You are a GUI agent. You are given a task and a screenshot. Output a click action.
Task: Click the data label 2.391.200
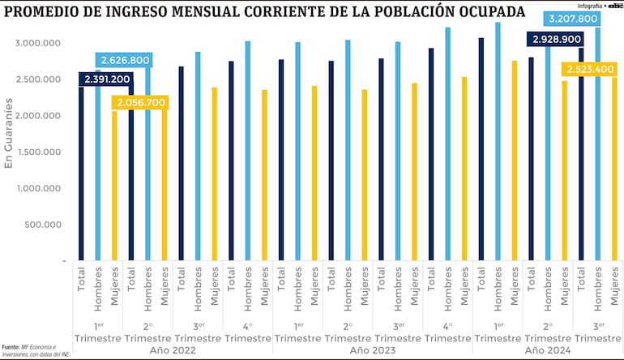[x=106, y=79]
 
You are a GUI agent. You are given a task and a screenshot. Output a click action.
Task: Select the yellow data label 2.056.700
[x=142, y=103]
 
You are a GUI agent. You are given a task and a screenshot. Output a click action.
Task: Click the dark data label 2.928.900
[x=554, y=39]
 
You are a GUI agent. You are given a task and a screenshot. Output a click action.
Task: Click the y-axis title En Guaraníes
[x=9, y=133]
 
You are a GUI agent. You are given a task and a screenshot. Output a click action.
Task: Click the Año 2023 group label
[x=373, y=350]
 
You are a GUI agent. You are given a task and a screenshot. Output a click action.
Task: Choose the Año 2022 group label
[x=173, y=350]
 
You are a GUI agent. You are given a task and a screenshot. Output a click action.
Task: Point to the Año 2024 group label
[x=548, y=350]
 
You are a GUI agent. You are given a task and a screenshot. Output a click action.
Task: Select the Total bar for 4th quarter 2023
[x=431, y=154]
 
